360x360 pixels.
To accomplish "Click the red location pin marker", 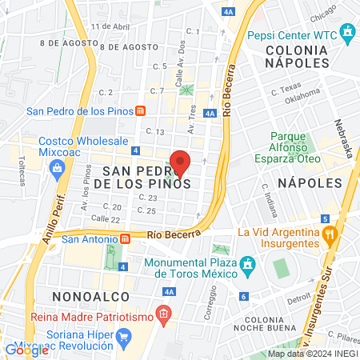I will tap(181, 162).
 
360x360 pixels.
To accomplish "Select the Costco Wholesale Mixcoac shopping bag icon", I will tap(57, 167).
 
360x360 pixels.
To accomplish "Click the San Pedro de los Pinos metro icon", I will tap(140, 111).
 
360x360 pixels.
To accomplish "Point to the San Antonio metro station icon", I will tap(125, 238).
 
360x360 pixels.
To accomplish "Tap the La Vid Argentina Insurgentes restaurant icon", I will tap(329, 236).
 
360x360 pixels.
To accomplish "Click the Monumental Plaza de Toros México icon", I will tap(249, 262).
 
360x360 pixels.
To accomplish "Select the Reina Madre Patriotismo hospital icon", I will tap(164, 313).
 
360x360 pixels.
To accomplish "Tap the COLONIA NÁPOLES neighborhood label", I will tap(295, 55).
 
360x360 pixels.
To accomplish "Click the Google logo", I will tap(26, 350).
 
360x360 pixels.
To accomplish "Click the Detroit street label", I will tap(299, 297).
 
